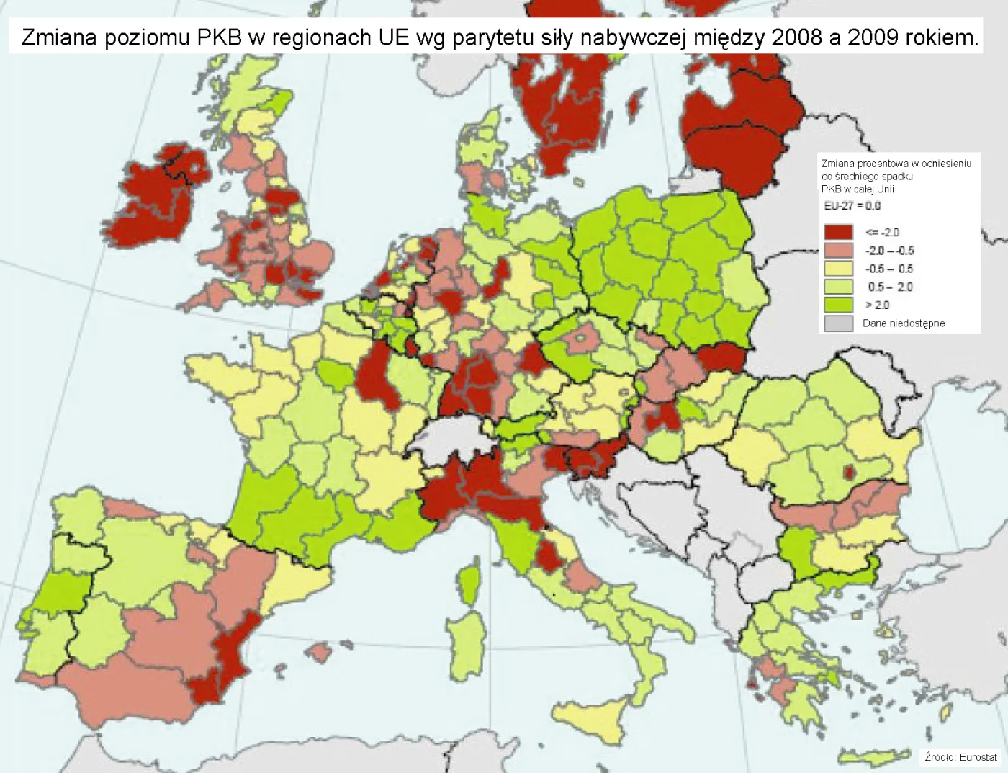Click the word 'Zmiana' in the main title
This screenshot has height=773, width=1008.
(59, 37)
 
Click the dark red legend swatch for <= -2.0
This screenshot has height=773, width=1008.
(838, 232)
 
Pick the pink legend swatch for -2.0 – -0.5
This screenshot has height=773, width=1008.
(838, 250)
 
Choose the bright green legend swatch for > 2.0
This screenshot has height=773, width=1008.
(838, 305)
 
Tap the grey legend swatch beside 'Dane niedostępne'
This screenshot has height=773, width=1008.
(838, 323)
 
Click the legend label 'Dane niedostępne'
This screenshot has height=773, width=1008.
(904, 323)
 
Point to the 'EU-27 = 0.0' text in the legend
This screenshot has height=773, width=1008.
(852, 206)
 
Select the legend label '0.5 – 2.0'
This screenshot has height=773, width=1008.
(890, 287)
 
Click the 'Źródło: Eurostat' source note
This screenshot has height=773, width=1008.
(960, 757)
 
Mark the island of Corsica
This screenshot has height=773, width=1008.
(469, 584)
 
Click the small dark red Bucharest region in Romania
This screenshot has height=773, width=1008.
(850, 473)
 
